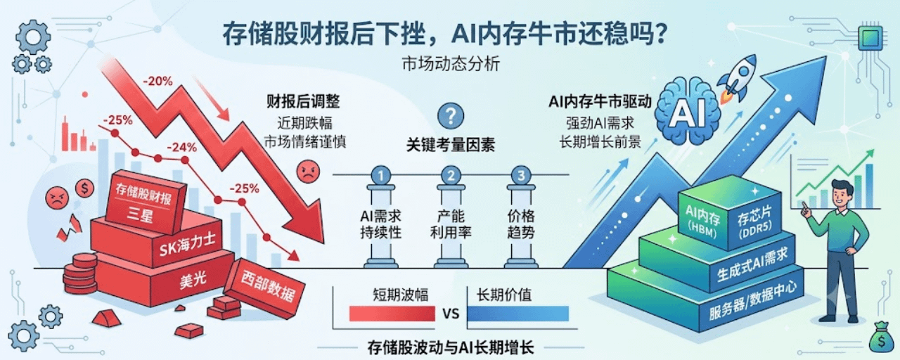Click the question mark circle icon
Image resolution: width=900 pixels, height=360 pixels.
(451, 116)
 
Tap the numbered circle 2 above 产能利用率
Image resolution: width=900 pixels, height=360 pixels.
(451, 175)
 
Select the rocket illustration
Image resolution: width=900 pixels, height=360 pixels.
(736, 80)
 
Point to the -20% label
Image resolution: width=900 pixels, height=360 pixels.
(157, 81)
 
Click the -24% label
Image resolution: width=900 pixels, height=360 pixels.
(181, 148)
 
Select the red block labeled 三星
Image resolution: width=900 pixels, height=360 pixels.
(144, 202)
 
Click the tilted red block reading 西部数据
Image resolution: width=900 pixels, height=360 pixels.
(264, 288)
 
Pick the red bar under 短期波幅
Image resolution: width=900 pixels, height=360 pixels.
(392, 314)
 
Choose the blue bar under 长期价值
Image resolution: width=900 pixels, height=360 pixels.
(518, 314)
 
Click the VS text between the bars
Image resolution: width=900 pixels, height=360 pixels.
(451, 314)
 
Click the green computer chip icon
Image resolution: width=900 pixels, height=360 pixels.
(870, 38)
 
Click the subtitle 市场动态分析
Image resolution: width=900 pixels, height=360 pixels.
(451, 64)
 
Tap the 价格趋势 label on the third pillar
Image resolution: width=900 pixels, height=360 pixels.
(521, 224)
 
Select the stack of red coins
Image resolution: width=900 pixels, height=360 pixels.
(80, 274)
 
